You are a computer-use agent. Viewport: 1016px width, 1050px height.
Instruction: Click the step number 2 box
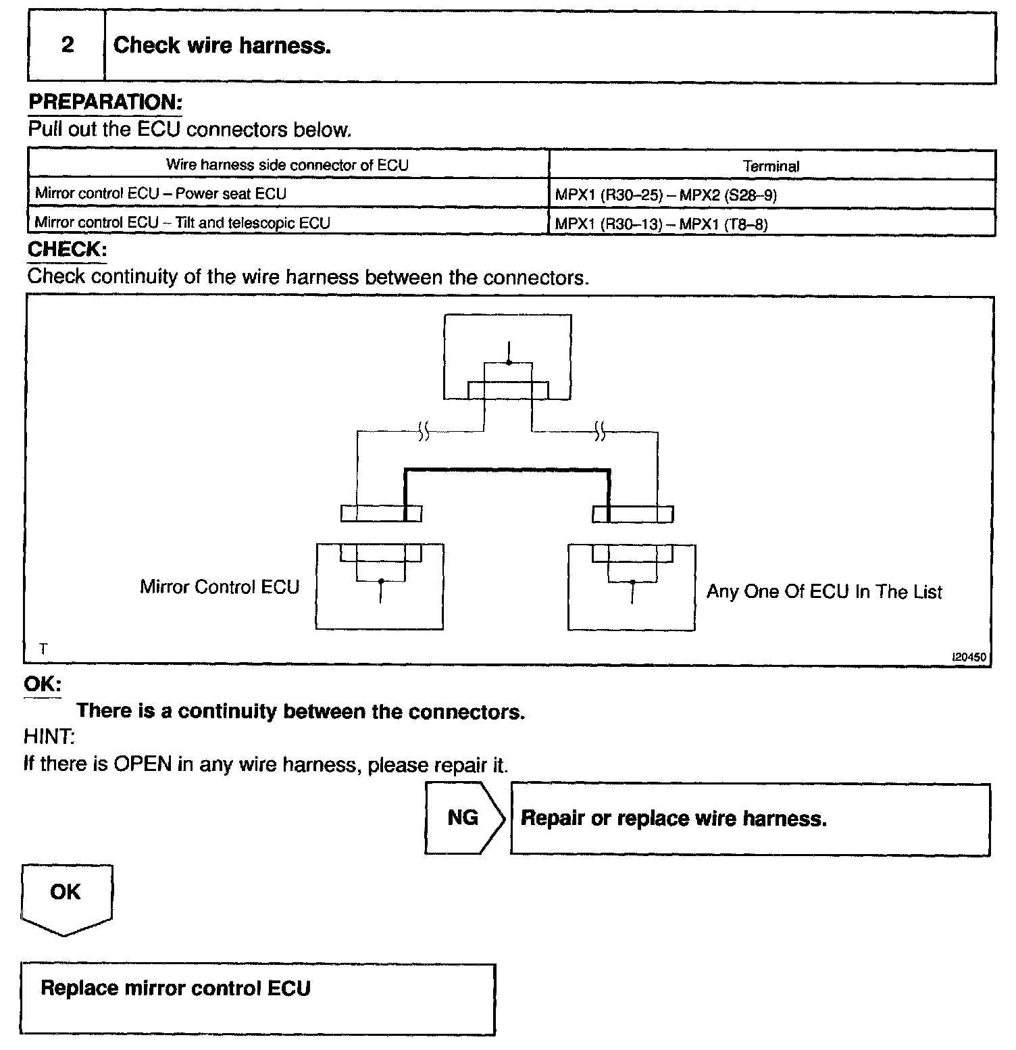pos(67,46)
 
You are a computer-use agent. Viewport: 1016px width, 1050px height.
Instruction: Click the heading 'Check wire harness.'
pos(222,46)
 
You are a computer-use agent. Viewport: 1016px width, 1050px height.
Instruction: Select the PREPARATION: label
pos(105,103)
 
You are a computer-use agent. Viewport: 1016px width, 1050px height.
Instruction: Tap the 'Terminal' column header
pos(771,166)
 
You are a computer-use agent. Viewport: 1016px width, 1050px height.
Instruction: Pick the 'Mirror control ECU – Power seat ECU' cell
pos(161,194)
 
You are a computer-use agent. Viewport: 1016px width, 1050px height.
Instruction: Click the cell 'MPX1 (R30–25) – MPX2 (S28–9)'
pos(666,196)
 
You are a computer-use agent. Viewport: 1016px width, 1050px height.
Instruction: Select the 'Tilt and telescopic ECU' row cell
pos(182,222)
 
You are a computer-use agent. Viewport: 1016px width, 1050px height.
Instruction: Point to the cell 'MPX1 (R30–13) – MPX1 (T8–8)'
pos(661,224)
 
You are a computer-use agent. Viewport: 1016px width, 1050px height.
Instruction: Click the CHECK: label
pos(67,249)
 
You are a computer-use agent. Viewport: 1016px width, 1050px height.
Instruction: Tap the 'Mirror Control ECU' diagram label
pos(220,586)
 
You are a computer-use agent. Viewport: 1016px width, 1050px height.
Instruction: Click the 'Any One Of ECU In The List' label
pos(824,592)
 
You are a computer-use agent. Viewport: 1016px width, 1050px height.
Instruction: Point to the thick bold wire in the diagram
pos(507,470)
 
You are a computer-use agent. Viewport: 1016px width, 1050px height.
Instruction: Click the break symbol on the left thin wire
pos(424,430)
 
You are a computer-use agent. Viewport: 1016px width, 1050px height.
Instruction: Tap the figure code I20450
pos(969,656)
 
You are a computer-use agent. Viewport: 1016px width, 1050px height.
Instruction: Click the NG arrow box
pos(463,818)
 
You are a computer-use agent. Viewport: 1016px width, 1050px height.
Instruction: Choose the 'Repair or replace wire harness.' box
pos(750,819)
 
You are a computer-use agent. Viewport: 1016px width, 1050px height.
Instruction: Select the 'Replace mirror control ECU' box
pos(257,999)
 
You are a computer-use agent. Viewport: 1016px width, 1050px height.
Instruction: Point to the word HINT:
pos(49,736)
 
